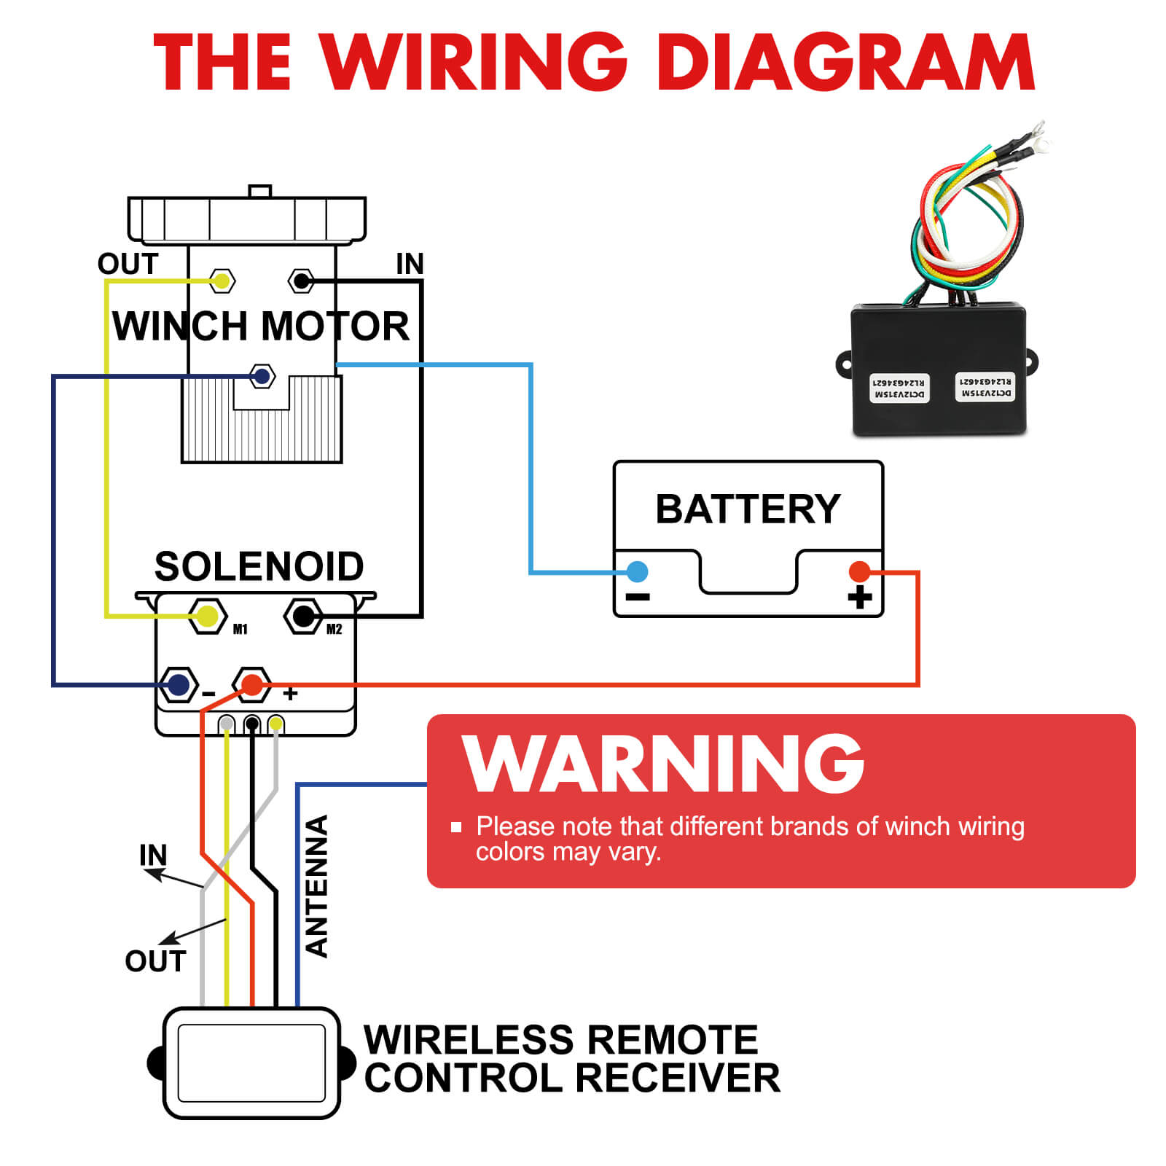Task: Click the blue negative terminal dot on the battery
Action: (637, 571)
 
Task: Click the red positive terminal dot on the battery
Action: (859, 571)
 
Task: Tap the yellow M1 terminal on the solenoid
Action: (208, 617)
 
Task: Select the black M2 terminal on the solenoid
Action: (303, 617)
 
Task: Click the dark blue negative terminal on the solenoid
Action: (179, 684)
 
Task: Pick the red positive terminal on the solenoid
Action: (252, 684)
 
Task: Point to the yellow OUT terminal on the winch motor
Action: (222, 281)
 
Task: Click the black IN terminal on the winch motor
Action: (301, 281)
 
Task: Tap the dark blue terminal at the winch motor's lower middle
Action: (262, 376)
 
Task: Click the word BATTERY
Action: (748, 509)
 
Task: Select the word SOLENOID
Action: (259, 566)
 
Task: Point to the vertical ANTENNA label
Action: (317, 885)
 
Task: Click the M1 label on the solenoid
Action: (240, 630)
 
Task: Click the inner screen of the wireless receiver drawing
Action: (251, 1063)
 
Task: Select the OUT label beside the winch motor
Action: (128, 264)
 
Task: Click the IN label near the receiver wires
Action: (153, 855)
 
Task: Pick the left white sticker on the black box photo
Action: (899, 388)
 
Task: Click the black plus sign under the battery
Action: (860, 597)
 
